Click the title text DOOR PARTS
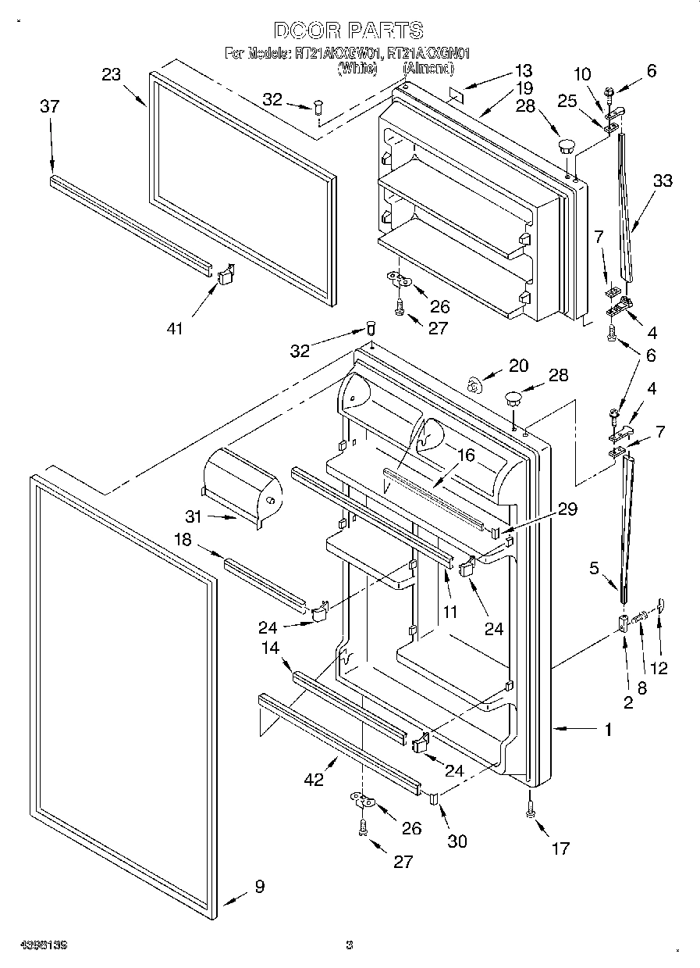(349, 30)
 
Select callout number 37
(49, 106)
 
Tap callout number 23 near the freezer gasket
(112, 75)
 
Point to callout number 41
(174, 329)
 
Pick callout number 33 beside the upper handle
(663, 181)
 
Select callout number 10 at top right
(583, 74)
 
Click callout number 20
(518, 365)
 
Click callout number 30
(457, 841)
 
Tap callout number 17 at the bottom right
(560, 848)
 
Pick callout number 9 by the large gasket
(259, 886)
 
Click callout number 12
(660, 668)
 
